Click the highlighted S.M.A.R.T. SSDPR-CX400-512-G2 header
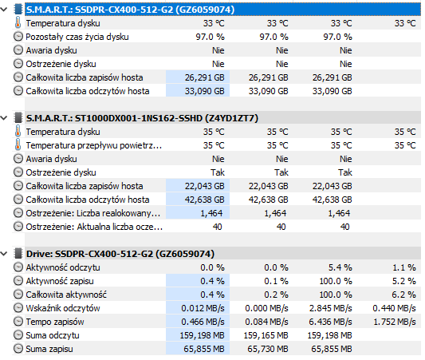[130, 10]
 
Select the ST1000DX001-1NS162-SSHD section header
[142, 118]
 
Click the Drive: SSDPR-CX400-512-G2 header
[120, 254]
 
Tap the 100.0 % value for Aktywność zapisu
[336, 281]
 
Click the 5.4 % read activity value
[340, 267]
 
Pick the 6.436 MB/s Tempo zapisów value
[330, 322]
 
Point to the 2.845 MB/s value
[330, 308]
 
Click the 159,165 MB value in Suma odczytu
[266, 335]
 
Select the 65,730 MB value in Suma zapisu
[268, 349]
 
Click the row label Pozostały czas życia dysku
[77, 37]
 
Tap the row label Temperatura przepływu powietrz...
[94, 145]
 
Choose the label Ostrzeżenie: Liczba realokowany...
[93, 213]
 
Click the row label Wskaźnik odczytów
[63, 308]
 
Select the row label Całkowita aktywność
[66, 295]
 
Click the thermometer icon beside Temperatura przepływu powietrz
[18, 144]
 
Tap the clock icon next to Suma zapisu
[18, 349]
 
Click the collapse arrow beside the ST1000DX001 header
[4, 118]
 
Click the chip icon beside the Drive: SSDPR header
[18, 254]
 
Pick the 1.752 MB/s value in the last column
[395, 322]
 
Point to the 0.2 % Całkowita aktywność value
[276, 295]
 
